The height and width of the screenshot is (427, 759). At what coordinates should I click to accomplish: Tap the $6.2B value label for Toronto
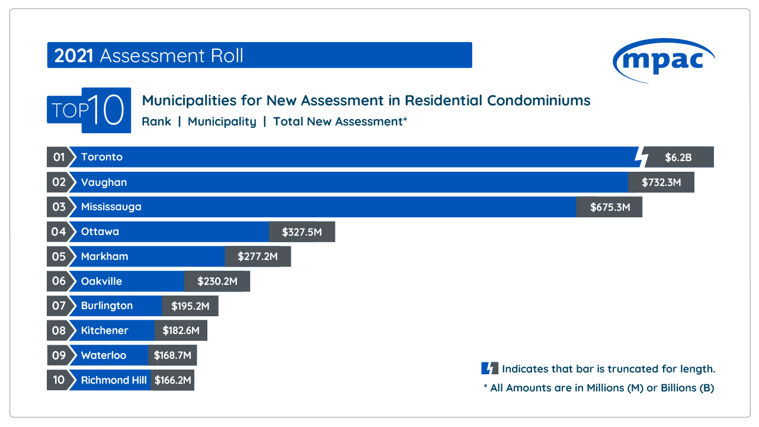point(678,158)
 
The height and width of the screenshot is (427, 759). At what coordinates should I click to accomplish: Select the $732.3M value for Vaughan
point(661,182)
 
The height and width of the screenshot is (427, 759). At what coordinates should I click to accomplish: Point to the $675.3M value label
point(610,207)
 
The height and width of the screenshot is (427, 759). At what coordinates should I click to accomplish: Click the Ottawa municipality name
point(100,232)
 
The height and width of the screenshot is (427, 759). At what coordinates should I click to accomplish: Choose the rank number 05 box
point(58,256)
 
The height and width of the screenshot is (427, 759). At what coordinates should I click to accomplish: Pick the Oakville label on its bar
point(101,281)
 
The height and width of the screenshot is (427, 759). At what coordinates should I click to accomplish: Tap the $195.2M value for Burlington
point(190,306)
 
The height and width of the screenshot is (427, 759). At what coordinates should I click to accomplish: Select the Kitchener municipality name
point(104,330)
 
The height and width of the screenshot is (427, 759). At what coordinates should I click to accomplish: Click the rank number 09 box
point(58,355)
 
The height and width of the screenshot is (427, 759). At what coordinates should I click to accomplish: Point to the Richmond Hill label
point(114,380)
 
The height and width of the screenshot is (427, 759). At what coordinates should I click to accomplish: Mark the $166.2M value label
point(173,380)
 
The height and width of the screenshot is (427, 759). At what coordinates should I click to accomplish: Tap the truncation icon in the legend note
point(489,368)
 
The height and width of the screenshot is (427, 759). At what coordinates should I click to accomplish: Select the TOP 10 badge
point(89,110)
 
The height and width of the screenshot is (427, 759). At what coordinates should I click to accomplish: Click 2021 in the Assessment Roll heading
point(74,56)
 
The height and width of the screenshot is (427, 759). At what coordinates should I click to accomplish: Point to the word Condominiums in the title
point(539,101)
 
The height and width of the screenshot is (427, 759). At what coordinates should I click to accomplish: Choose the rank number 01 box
point(58,158)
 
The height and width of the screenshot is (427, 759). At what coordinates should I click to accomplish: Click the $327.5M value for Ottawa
point(302,232)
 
